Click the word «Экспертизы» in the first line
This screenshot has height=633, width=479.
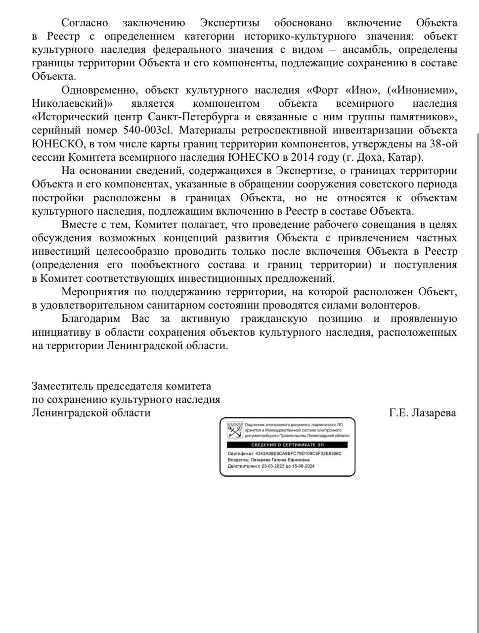230,23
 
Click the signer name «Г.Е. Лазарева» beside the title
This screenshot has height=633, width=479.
422,412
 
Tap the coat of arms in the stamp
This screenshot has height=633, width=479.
235,431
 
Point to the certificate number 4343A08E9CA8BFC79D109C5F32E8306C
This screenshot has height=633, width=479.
298,453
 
